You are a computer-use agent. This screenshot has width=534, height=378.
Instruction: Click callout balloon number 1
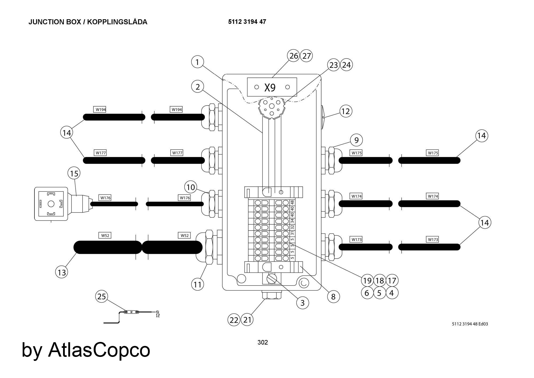tap(197, 62)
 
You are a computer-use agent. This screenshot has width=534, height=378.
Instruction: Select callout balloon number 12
tap(346, 111)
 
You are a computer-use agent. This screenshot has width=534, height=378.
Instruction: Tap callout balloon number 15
tap(74, 173)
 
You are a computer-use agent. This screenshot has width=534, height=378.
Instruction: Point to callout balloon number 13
tap(62, 272)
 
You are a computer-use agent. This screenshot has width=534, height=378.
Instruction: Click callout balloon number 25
tap(102, 297)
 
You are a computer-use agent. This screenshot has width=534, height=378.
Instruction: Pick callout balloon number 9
tap(356, 140)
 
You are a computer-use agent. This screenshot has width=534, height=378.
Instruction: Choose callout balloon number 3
tap(303, 303)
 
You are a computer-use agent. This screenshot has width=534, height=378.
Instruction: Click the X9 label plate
tap(272, 87)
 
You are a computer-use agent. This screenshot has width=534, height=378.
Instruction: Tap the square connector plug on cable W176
tap(51, 204)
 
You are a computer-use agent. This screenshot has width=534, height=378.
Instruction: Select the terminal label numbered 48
tap(292, 202)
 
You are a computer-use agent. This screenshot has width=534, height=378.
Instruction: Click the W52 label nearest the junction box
tap(184, 235)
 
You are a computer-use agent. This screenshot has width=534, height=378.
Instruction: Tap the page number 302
tap(263, 342)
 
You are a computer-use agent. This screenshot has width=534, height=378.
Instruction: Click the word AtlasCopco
tap(99, 350)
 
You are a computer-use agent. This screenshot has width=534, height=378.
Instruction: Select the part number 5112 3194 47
tap(247, 22)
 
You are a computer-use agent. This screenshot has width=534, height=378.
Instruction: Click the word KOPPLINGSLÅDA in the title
tap(117, 22)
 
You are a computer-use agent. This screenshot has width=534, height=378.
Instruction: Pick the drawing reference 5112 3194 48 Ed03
tap(470, 324)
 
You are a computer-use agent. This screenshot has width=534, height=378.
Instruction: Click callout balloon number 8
tap(333, 297)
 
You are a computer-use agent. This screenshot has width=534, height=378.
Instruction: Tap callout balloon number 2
tap(198, 87)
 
